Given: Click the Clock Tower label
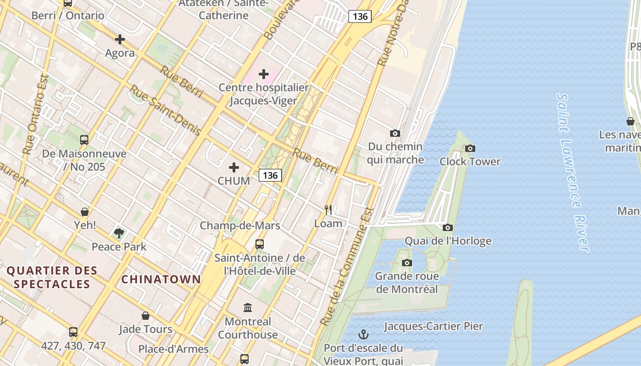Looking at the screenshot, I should [x=470, y=161].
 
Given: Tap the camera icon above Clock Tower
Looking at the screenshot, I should [x=470, y=148].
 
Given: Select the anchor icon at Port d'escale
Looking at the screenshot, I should [x=363, y=334].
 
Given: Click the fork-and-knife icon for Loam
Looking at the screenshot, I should [x=328, y=210].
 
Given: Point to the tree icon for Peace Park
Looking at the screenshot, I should [x=119, y=233].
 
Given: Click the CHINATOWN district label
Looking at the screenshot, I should [x=161, y=279].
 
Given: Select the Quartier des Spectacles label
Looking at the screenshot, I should [x=52, y=277].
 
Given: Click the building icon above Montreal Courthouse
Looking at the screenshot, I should [x=248, y=307].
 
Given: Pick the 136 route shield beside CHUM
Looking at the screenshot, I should [x=270, y=175].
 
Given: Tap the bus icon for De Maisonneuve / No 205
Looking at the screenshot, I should [x=84, y=140].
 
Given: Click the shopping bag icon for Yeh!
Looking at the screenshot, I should [x=85, y=212].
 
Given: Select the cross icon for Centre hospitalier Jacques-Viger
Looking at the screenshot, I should [x=264, y=74].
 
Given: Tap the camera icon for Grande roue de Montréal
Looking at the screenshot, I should [x=407, y=263].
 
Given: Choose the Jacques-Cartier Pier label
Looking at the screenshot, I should [x=433, y=326].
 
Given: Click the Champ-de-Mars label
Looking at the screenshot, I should [x=240, y=226].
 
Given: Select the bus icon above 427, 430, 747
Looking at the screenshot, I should [x=73, y=332].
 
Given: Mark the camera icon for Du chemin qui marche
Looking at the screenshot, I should [x=395, y=134].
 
